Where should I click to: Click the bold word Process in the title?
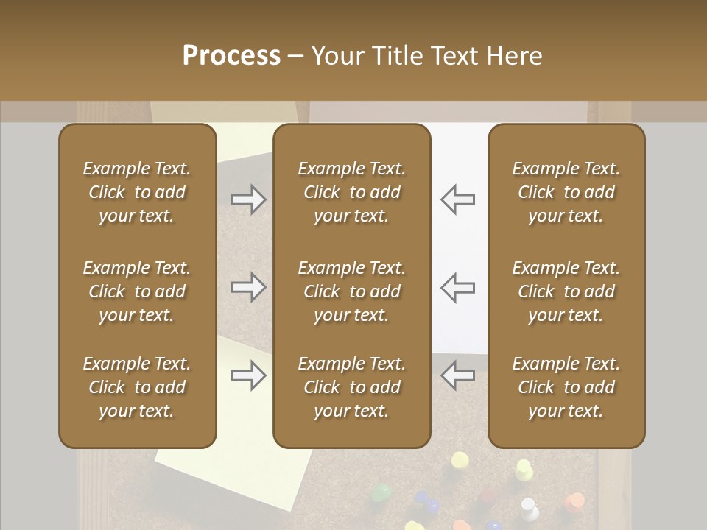[x=231, y=56]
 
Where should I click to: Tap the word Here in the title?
[x=514, y=56]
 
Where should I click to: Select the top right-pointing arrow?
[x=248, y=199]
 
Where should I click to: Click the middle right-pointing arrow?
[x=248, y=287]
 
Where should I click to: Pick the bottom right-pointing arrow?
[x=248, y=376]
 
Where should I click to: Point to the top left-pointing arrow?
[x=458, y=199]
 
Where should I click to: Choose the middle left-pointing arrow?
[x=458, y=287]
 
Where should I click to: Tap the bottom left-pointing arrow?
[x=458, y=375]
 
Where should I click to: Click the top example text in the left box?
[x=137, y=192]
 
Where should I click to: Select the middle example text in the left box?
[x=137, y=291]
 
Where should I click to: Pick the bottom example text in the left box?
[x=137, y=387]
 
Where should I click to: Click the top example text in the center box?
[x=351, y=192]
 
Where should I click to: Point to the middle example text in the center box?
[x=351, y=291]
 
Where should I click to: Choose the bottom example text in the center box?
[x=351, y=387]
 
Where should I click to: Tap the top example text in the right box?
[x=566, y=192]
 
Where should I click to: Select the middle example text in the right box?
[x=566, y=291]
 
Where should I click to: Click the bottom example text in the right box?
[x=566, y=387]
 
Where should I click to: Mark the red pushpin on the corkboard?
[x=575, y=503]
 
